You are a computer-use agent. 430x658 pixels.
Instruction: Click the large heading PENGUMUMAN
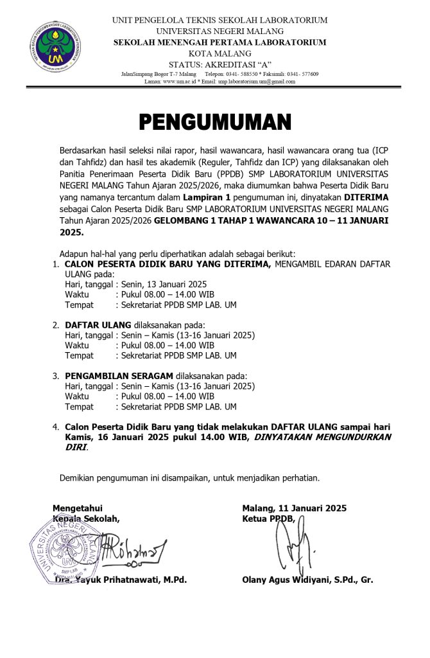click(215, 121)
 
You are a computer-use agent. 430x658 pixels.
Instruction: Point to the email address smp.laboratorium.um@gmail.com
click(257, 82)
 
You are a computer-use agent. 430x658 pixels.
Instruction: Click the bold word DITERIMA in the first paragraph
click(366, 198)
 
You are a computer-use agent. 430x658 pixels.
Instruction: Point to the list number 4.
click(56, 427)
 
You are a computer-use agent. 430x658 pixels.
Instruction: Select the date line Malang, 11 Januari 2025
click(294, 508)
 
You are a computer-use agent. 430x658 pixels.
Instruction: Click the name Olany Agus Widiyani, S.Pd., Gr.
click(307, 580)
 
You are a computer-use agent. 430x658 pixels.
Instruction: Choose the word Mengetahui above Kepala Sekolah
click(77, 508)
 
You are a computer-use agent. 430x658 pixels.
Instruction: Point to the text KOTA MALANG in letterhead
click(219, 53)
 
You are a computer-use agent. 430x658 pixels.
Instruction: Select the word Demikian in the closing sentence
click(77, 478)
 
